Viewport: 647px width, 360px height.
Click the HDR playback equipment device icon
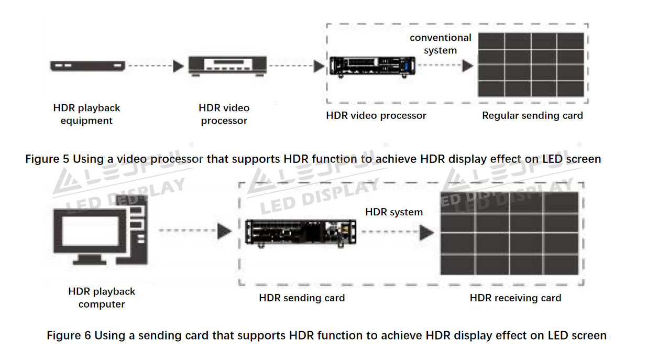point(87,66)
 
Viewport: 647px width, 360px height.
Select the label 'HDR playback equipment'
point(86,114)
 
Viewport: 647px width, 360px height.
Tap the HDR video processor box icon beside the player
point(227,66)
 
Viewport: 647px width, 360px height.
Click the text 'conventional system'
point(440,44)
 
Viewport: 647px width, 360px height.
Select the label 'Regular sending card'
point(532,116)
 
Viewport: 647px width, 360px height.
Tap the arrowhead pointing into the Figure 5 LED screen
point(467,66)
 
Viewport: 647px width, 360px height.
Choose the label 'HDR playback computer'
point(102,298)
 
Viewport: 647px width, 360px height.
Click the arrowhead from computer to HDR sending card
point(225,231)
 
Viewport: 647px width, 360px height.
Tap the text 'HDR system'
point(394,212)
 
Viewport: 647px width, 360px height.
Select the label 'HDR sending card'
point(302,298)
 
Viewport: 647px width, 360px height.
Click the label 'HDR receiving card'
point(515,298)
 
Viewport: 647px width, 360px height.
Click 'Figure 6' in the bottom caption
point(68,335)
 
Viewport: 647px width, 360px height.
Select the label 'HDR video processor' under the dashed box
point(376,116)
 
